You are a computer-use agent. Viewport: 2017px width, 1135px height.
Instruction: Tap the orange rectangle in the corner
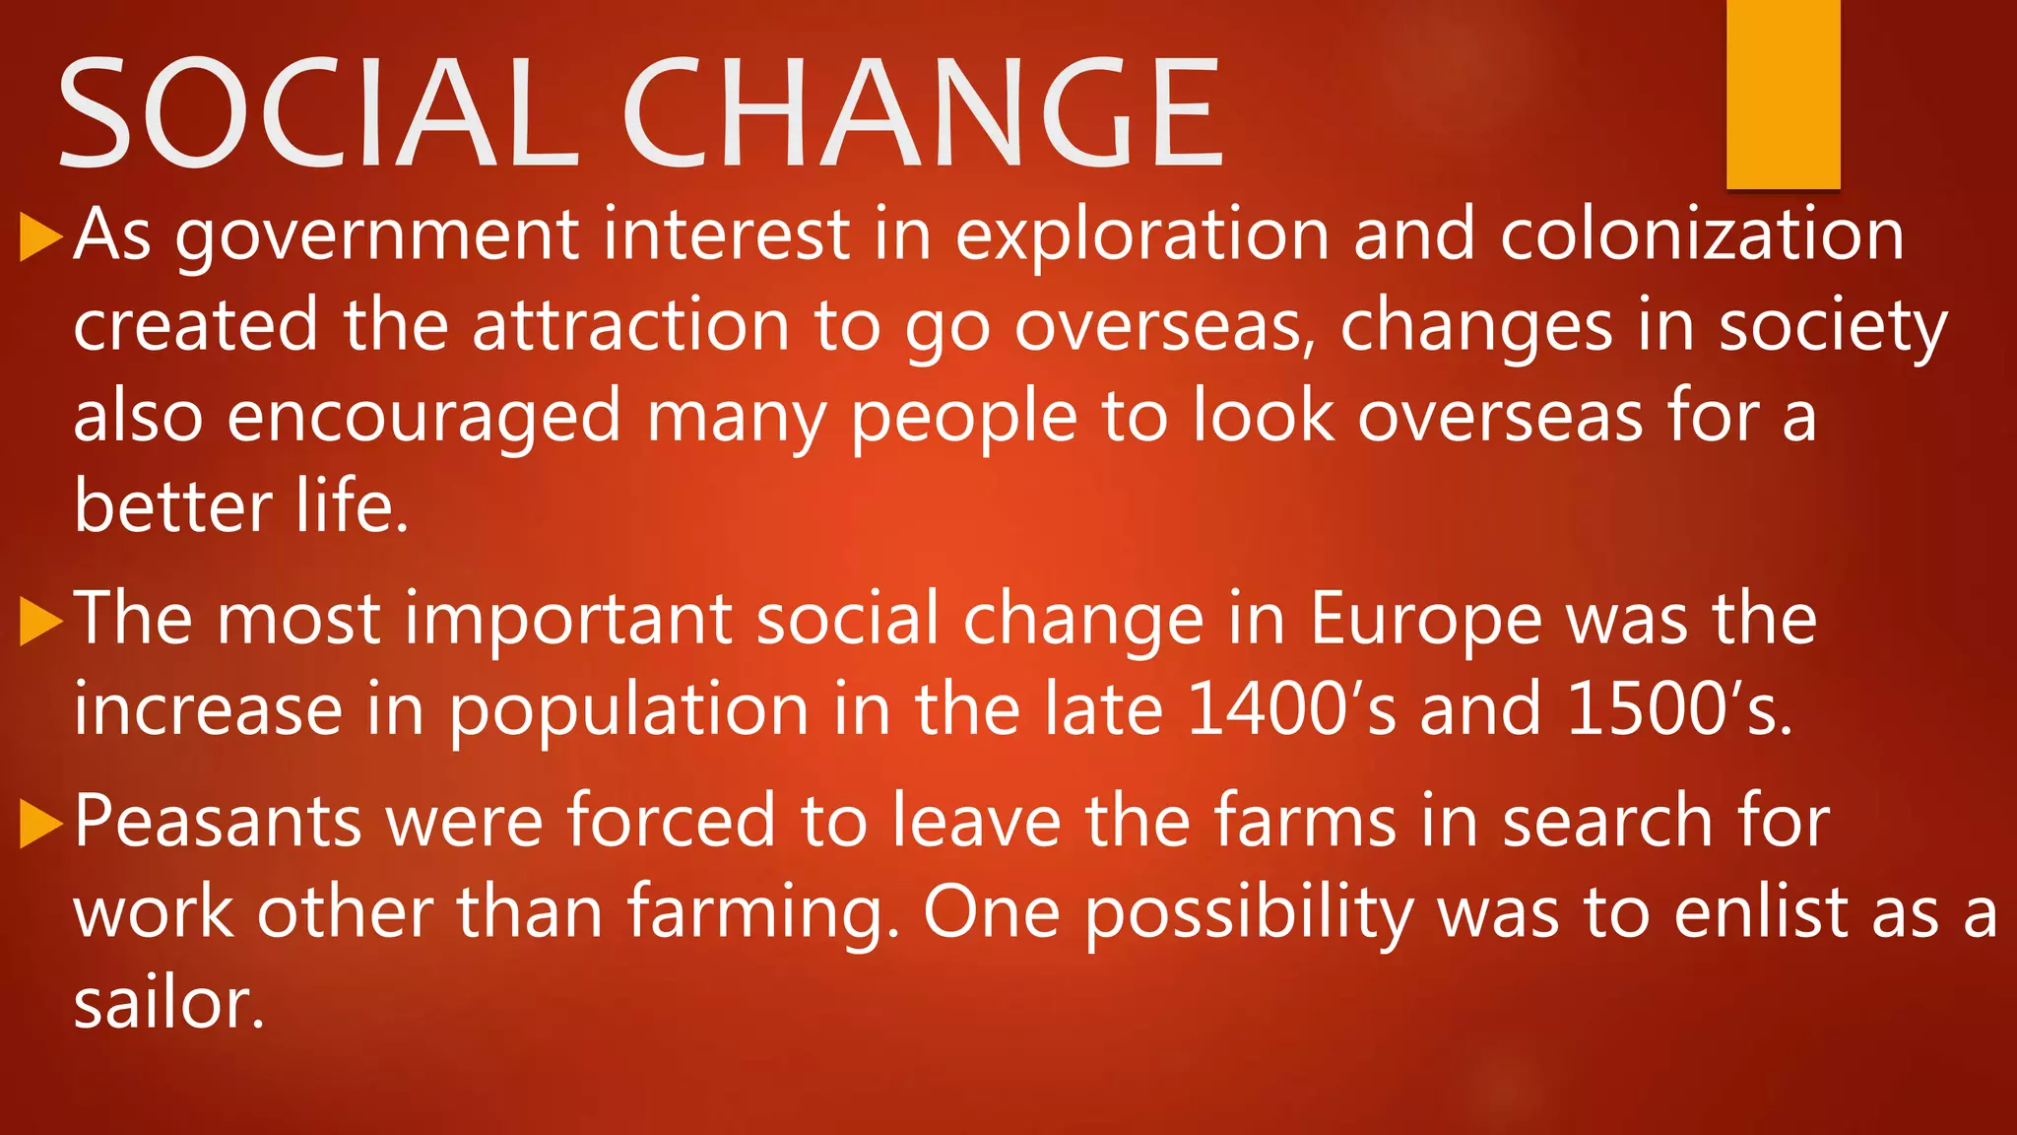pos(1783,94)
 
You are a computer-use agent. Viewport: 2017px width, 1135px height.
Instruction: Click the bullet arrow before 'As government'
pos(41,237)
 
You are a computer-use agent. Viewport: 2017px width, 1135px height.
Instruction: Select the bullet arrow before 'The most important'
pos(41,622)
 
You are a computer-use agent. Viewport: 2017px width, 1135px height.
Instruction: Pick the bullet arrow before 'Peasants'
pos(41,824)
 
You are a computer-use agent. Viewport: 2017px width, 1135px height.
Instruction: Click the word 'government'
pos(377,236)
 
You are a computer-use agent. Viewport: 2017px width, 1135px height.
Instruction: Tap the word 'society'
pos(1833,328)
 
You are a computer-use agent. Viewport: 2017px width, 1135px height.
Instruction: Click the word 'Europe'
pos(1425,622)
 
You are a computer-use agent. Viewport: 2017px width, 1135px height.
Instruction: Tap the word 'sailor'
pos(167,1004)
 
